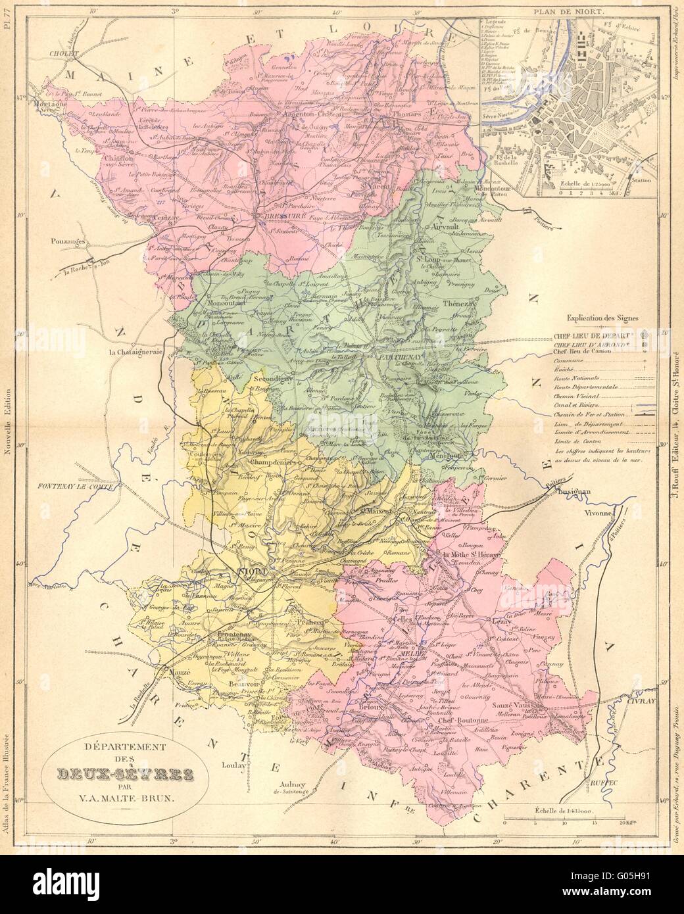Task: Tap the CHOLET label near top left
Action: tap(62, 55)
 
